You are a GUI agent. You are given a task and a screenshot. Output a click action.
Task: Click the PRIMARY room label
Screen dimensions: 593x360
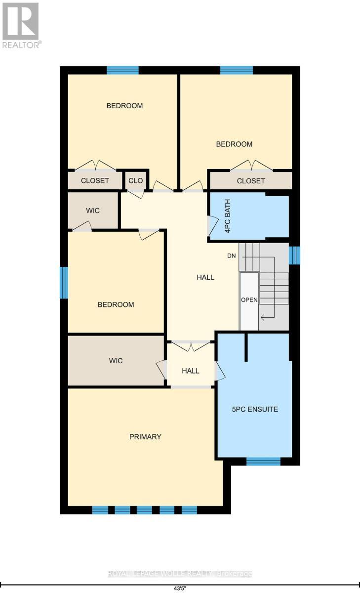point(145,437)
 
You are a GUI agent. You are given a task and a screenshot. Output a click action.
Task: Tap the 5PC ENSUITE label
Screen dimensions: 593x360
point(255,409)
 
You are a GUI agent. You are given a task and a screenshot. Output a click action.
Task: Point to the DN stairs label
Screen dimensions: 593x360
point(231,256)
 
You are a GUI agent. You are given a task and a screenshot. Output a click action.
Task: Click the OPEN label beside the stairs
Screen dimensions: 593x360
point(249,300)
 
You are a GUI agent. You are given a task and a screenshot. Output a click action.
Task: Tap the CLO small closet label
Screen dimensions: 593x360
point(135,181)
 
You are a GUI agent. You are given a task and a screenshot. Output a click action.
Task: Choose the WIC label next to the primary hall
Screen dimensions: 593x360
point(116,361)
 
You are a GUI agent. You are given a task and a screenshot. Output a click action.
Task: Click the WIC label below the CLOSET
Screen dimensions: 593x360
point(93,211)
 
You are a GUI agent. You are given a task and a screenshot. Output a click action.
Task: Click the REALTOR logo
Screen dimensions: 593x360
point(22,25)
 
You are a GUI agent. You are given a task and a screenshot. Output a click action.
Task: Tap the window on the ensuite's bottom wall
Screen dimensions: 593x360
point(263,462)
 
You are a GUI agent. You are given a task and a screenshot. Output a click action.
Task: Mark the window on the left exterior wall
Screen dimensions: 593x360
point(64,283)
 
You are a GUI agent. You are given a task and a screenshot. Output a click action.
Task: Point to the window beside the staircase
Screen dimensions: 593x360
point(294,255)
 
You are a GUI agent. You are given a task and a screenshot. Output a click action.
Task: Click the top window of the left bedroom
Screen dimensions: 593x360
point(122,70)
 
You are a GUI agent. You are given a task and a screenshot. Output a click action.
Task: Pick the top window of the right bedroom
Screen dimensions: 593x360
point(236,70)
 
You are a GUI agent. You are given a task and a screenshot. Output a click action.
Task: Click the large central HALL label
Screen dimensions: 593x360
point(205,277)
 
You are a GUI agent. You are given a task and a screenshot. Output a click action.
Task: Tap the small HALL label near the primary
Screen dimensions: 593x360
point(190,371)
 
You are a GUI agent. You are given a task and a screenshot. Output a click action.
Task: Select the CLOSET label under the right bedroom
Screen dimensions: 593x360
point(251,181)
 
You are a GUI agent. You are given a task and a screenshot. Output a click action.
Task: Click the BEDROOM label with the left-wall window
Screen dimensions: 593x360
point(116,304)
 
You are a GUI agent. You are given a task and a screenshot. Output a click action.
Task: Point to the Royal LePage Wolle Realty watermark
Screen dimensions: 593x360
point(180,574)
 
